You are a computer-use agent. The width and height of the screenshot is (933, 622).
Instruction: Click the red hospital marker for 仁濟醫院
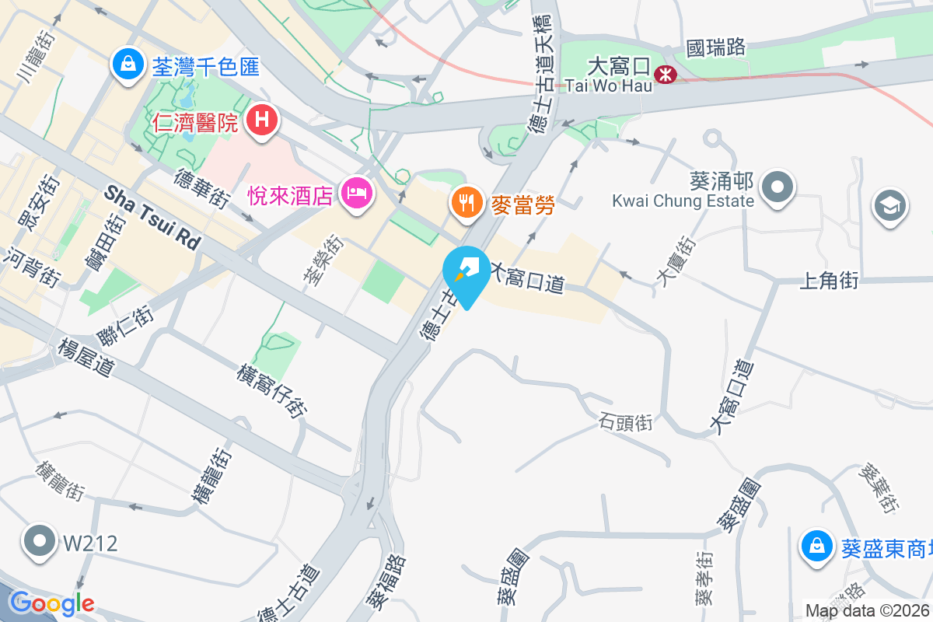click(x=263, y=121)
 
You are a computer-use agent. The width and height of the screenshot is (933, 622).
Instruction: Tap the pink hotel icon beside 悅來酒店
click(x=357, y=192)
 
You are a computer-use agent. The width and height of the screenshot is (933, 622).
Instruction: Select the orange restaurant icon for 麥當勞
click(x=466, y=203)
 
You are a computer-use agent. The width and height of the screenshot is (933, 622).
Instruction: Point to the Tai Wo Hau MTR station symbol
click(x=666, y=75)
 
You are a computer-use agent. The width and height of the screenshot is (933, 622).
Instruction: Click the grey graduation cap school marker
click(x=891, y=206)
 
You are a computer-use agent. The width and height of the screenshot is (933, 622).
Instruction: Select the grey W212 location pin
click(x=39, y=541)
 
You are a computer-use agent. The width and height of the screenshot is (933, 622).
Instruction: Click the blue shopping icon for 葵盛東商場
click(x=817, y=545)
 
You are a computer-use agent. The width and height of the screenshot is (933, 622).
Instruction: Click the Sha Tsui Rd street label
click(x=152, y=216)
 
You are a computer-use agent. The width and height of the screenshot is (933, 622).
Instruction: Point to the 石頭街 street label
click(x=626, y=423)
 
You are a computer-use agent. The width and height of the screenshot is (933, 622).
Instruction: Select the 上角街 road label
click(x=829, y=281)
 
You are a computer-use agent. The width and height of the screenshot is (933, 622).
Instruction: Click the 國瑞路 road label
click(x=716, y=47)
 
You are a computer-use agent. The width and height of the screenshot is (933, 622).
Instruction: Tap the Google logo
click(x=51, y=603)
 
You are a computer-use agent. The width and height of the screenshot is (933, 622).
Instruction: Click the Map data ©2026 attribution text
click(x=868, y=611)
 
